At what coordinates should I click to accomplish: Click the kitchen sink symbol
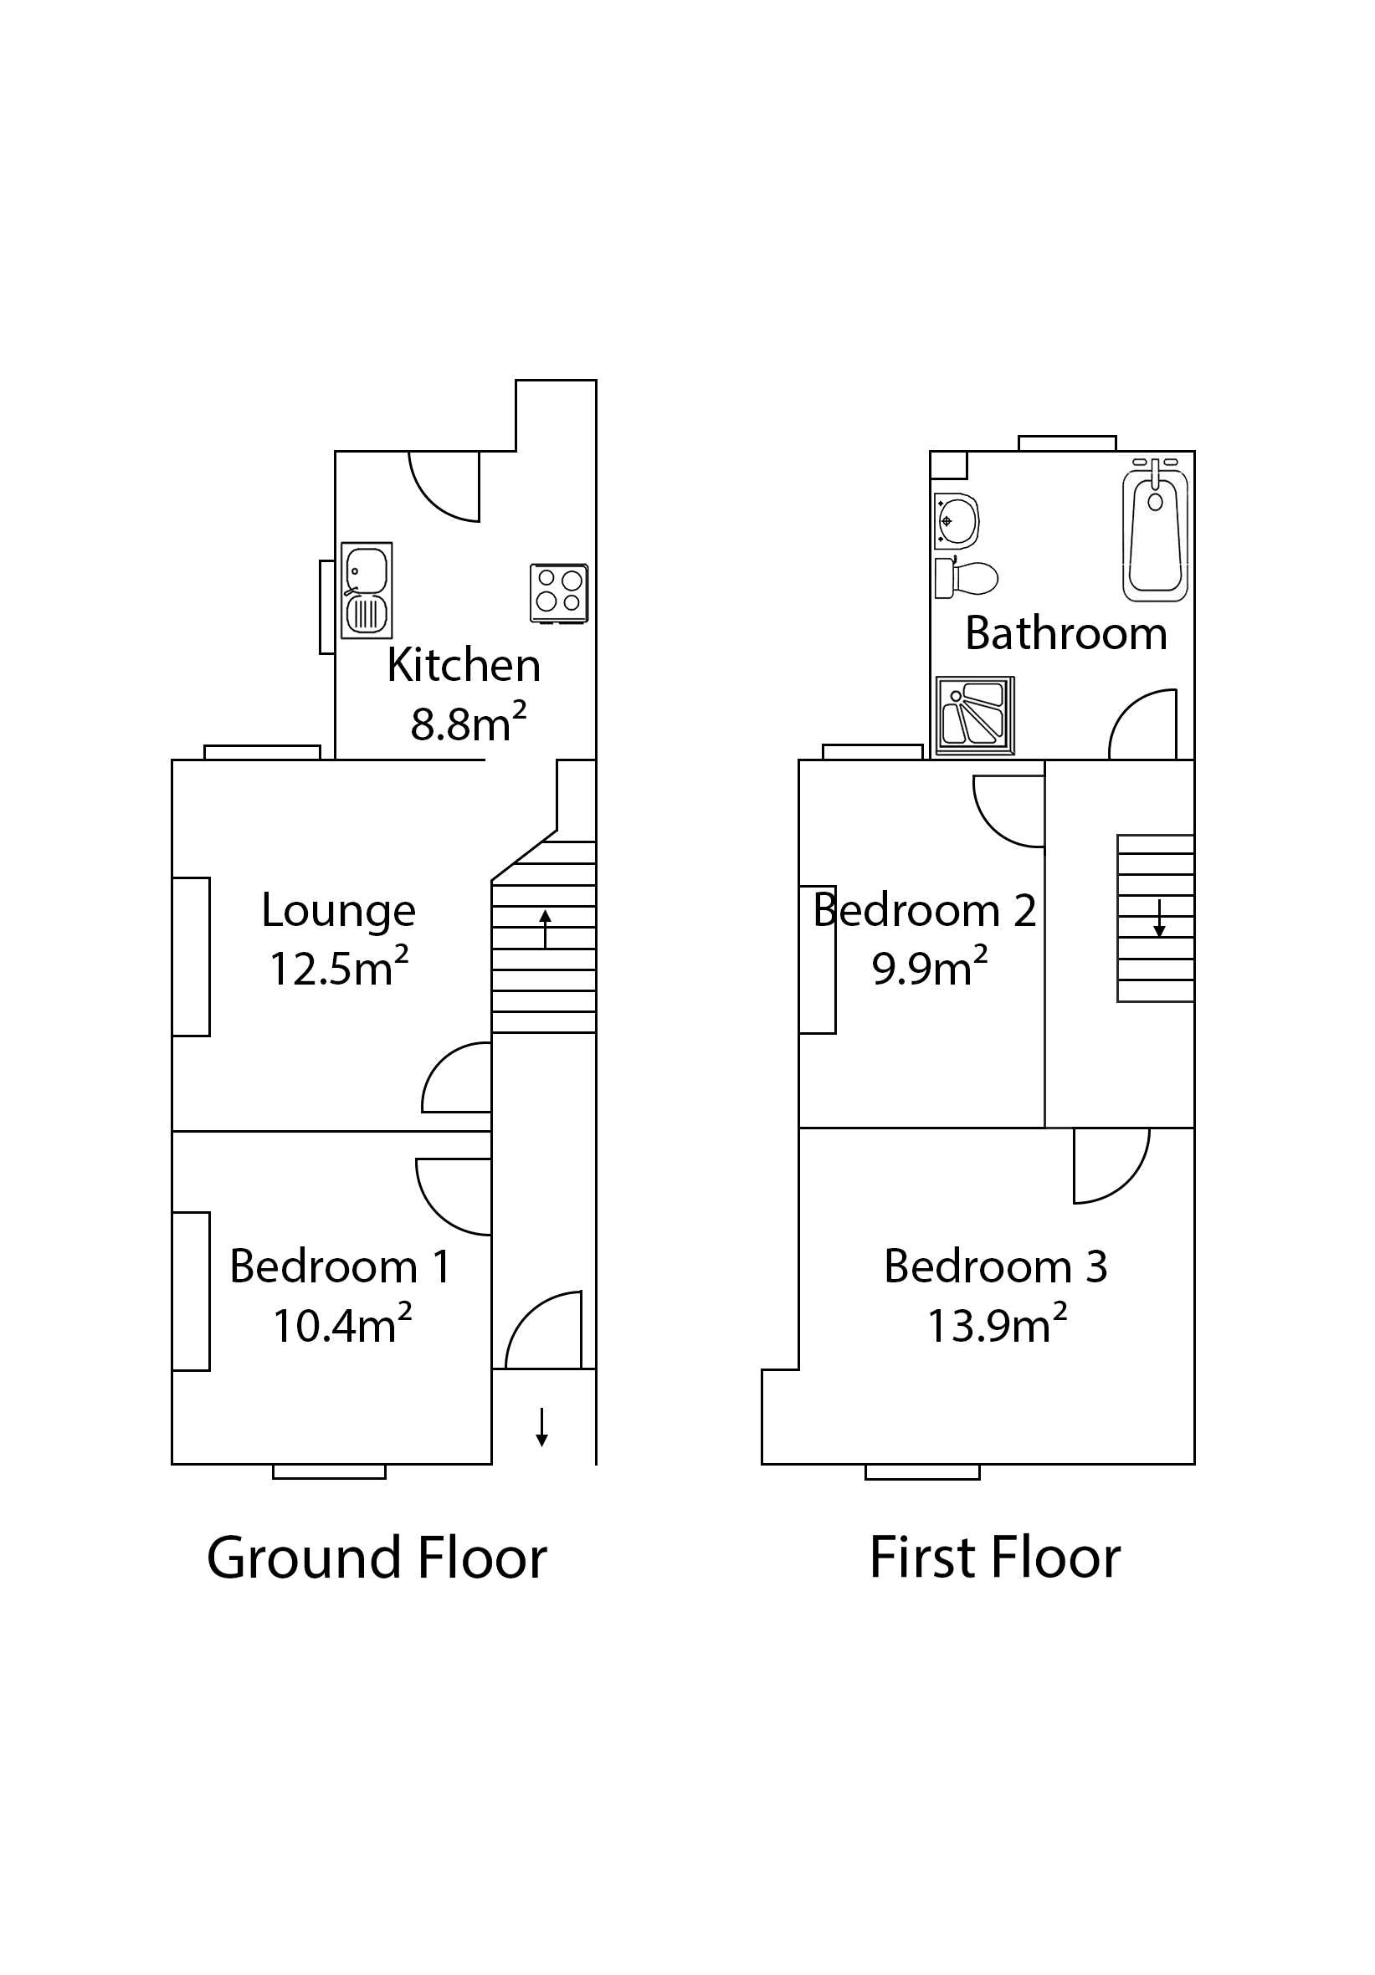pyautogui.click(x=367, y=590)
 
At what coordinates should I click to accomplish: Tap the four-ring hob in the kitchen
pyautogui.click(x=558, y=593)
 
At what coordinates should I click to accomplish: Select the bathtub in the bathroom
pyautogui.click(x=1155, y=530)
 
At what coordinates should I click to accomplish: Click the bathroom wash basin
pyautogui.click(x=956, y=521)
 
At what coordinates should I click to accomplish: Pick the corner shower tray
pyautogui.click(x=974, y=715)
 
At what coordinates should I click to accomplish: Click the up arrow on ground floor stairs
pyautogui.click(x=545, y=929)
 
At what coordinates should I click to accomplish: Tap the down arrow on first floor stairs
pyautogui.click(x=1159, y=918)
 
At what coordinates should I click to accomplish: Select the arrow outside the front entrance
pyautogui.click(x=541, y=1426)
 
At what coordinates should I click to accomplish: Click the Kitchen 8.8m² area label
pyautogui.click(x=467, y=724)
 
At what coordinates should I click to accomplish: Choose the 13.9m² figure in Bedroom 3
pyautogui.click(x=997, y=1326)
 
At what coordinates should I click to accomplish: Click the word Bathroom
pyautogui.click(x=1065, y=634)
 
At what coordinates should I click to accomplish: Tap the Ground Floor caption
pyautogui.click(x=376, y=1558)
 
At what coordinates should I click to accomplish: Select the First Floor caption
pyautogui.click(x=995, y=1558)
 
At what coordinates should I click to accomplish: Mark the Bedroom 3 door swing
pyautogui.click(x=1112, y=1168)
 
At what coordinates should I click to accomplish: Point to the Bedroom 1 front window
pyautogui.click(x=329, y=1471)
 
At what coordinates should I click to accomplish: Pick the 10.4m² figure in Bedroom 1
pyautogui.click(x=341, y=1326)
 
